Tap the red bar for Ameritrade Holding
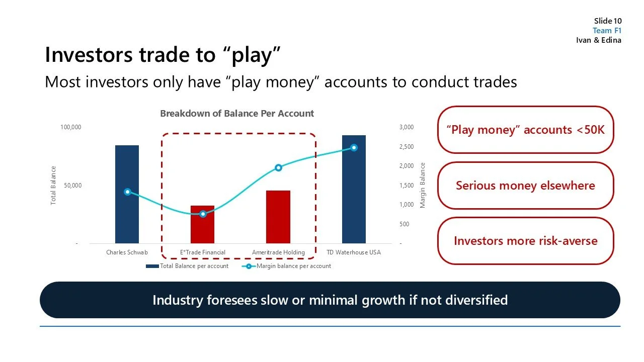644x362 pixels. click(278, 216)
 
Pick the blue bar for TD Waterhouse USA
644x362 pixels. click(354, 191)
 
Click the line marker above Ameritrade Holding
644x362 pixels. click(278, 167)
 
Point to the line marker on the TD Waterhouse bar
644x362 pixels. click(354, 147)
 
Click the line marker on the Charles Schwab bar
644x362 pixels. click(127, 192)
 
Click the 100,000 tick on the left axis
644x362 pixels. click(70, 127)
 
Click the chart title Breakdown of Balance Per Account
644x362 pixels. click(237, 114)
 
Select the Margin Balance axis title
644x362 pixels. click(423, 185)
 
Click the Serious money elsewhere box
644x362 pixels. click(525, 186)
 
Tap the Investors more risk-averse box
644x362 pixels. click(525, 241)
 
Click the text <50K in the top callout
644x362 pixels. click(590, 130)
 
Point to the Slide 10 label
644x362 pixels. click(608, 21)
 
